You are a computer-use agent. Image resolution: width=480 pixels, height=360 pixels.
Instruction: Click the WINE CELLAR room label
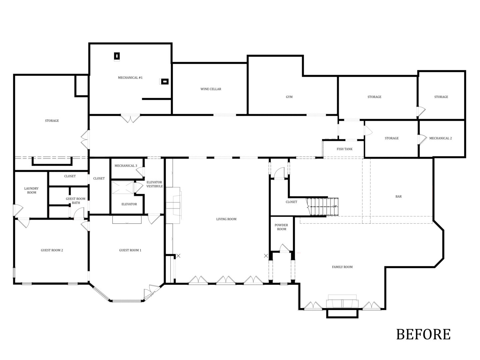tap(211, 89)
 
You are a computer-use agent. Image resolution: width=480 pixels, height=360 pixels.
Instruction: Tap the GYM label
tap(289, 97)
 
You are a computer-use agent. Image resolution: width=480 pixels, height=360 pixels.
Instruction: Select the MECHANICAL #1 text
tap(130, 78)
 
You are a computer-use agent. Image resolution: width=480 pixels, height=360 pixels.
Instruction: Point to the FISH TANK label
tap(345, 149)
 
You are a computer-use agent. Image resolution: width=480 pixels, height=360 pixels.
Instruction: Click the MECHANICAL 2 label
tap(440, 138)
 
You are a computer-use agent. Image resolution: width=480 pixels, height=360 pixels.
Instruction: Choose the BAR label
tap(398, 197)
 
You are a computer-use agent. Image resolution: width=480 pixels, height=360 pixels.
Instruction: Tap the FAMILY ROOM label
tap(342, 267)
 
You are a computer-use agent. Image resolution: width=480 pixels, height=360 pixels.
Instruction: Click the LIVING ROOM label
tap(226, 219)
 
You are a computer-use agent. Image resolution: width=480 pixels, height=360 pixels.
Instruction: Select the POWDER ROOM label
tap(281, 227)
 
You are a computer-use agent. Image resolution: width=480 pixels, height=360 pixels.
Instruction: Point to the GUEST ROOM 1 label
tap(130, 250)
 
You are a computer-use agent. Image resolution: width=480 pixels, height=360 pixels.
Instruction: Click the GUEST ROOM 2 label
tap(52, 250)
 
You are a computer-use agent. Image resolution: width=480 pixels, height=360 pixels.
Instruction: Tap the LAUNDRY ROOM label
tap(31, 191)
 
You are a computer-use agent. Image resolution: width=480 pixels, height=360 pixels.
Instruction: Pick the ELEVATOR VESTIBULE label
tap(154, 184)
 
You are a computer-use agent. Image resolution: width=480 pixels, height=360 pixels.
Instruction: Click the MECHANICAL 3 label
tap(126, 166)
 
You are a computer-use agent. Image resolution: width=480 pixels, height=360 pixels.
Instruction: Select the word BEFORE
tap(423, 334)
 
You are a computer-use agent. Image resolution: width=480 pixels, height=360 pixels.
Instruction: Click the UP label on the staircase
tap(335, 207)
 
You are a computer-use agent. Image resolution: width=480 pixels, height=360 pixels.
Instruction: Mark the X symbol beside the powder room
tap(266, 256)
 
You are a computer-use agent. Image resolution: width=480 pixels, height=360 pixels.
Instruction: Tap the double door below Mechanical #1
tap(130, 118)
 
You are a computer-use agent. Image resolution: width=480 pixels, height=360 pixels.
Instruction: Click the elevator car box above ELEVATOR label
tap(122, 188)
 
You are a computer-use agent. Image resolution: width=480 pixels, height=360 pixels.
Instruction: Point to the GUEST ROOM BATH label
tap(76, 201)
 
